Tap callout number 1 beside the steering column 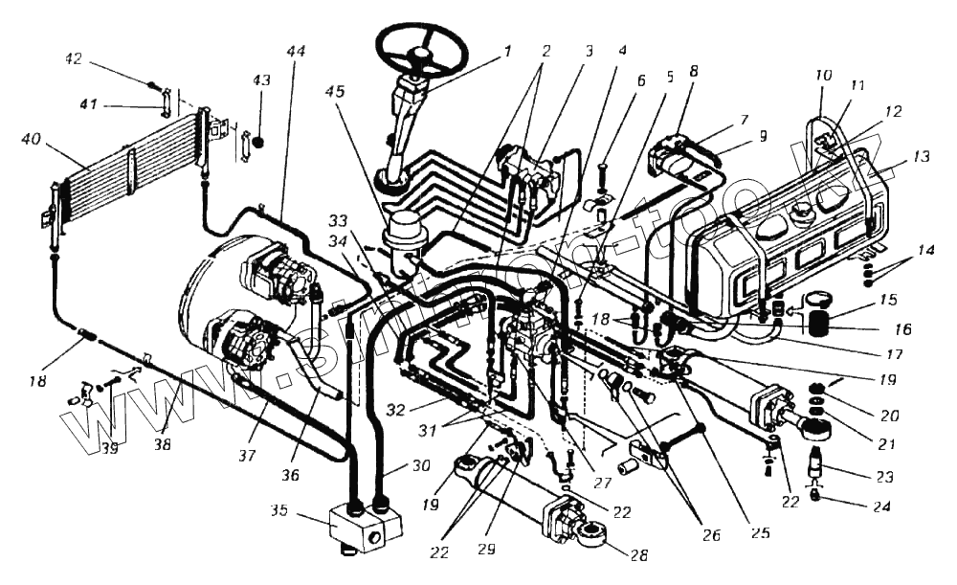(x=508, y=50)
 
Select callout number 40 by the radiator (x=31, y=141)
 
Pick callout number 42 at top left (x=74, y=58)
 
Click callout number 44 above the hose (x=296, y=52)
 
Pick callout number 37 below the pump (x=248, y=456)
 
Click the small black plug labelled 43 (x=256, y=142)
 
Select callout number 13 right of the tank (x=921, y=156)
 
